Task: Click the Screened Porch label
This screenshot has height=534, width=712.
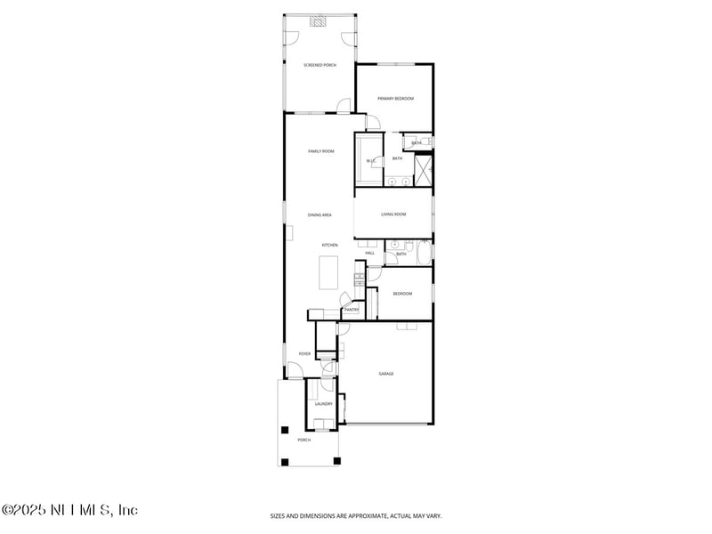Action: click(x=320, y=65)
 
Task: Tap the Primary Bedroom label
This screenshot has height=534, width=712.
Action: click(x=395, y=99)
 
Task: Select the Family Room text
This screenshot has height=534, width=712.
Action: click(x=320, y=151)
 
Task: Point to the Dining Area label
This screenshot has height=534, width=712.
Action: click(x=320, y=214)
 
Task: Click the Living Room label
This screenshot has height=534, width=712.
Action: click(x=393, y=214)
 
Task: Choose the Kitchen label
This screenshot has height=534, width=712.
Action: click(x=329, y=245)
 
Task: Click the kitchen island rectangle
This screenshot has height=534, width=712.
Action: click(x=328, y=272)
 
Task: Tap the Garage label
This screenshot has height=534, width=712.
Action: click(x=386, y=374)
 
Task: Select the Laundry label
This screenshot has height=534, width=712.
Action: click(x=323, y=404)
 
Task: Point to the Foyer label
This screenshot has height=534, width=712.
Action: click(x=304, y=354)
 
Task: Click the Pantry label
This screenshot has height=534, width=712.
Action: click(x=352, y=310)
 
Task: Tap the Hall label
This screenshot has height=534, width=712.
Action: click(x=369, y=254)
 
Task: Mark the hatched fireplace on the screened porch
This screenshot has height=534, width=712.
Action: click(x=319, y=23)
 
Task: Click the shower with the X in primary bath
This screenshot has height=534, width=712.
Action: click(x=424, y=171)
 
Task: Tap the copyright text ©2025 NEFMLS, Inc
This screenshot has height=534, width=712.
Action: click(x=69, y=510)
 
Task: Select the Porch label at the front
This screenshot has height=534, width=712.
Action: click(x=303, y=440)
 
